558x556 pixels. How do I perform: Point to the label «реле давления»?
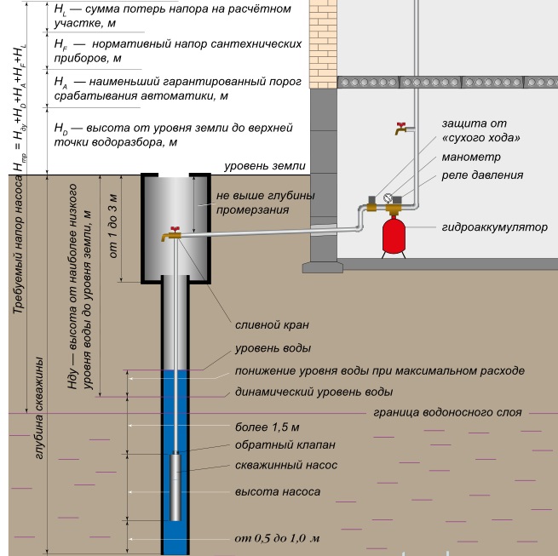point(481,175)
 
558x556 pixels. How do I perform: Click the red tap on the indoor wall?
point(400,129)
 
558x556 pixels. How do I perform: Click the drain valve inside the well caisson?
point(174,236)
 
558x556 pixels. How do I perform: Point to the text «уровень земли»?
point(264,166)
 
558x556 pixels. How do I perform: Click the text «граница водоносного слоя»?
point(447,412)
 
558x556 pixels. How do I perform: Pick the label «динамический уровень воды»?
point(314,393)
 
